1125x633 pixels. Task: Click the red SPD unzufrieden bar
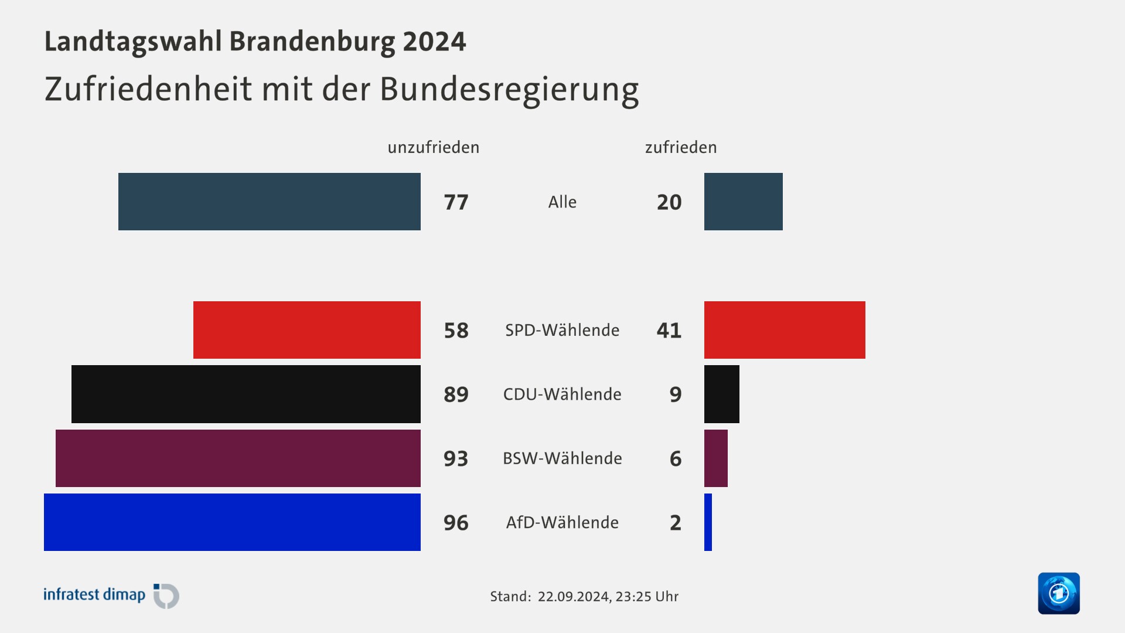click(307, 330)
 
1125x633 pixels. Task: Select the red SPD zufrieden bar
click(785, 330)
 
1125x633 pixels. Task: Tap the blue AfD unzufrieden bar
click(232, 522)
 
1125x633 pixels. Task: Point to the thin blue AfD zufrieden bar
click(708, 522)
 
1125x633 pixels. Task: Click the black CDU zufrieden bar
click(721, 394)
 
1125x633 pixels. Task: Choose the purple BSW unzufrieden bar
click(238, 458)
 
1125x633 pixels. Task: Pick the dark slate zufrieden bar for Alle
click(743, 202)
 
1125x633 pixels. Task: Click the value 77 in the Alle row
click(456, 202)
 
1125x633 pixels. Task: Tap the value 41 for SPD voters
click(669, 331)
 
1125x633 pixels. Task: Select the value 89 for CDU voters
click(456, 394)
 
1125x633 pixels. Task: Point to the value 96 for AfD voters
click(456, 523)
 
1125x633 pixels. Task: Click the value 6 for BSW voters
click(675, 458)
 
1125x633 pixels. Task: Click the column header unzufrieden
click(433, 147)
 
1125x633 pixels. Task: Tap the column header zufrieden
click(680, 147)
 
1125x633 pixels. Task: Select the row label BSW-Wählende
click(562, 458)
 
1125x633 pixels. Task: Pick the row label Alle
click(562, 202)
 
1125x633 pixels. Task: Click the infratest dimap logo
click(111, 595)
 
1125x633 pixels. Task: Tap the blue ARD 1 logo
click(1058, 593)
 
